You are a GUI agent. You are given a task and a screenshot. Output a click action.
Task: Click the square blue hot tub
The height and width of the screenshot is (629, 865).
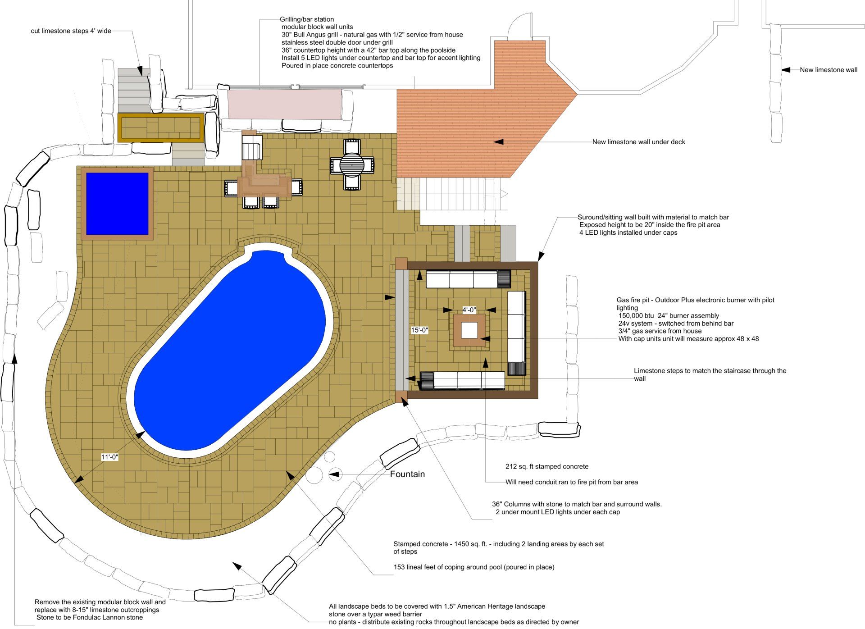tap(117, 204)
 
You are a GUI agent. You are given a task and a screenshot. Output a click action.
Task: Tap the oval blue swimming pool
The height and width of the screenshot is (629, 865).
tap(230, 351)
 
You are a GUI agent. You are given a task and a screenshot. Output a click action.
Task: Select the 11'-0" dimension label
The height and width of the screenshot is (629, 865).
tap(109, 457)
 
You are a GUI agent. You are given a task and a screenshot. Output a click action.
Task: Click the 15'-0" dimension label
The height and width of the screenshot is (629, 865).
tap(419, 330)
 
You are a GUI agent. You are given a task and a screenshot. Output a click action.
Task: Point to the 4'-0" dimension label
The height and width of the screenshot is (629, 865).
tap(469, 310)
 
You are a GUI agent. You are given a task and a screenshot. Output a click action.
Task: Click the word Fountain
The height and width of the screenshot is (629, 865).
tap(407, 474)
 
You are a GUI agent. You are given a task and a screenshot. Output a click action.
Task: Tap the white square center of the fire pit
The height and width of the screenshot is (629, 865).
tap(469, 330)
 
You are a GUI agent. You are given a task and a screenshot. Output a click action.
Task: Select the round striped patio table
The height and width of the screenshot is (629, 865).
tap(352, 164)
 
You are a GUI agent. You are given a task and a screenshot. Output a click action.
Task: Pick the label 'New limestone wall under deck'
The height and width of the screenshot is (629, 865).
tap(638, 142)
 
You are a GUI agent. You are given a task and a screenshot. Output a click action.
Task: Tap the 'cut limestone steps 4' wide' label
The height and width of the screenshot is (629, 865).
tap(71, 31)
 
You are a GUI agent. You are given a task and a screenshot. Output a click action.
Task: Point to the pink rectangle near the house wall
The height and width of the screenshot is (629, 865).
tap(284, 104)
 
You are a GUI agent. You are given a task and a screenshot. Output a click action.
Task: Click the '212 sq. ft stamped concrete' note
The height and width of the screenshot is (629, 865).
tap(547, 466)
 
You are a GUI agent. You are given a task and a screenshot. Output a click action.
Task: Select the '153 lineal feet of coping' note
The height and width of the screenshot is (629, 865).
tap(474, 567)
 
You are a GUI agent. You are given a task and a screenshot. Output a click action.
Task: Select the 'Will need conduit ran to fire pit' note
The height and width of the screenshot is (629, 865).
tap(571, 482)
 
